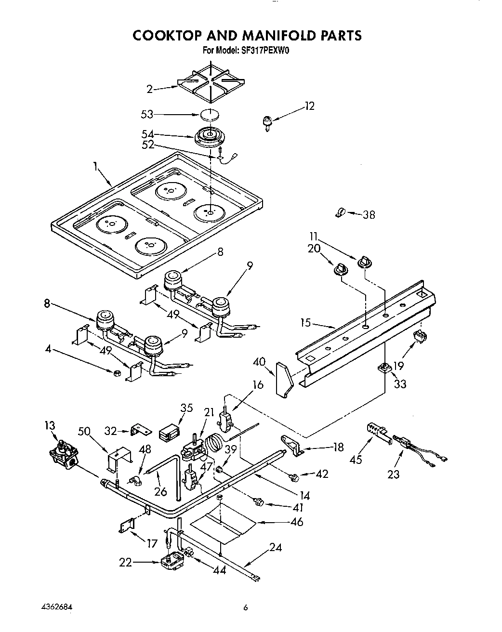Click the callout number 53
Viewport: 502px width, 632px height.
(146, 114)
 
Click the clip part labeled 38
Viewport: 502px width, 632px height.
(340, 212)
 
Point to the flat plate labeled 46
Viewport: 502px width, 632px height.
(223, 525)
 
